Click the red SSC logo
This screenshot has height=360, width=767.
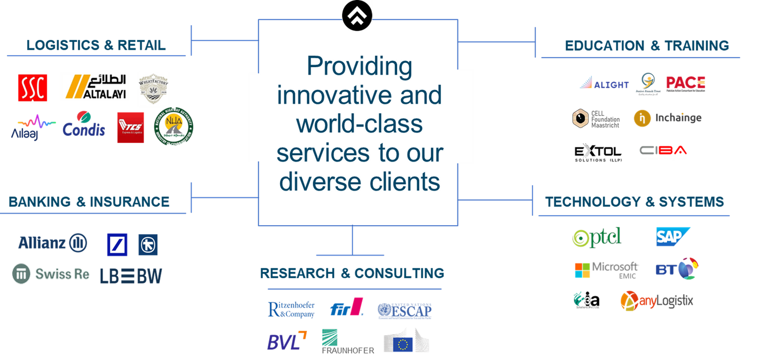(x=32, y=88)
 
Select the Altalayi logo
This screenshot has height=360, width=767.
(x=94, y=87)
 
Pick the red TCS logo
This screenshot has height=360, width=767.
(x=131, y=127)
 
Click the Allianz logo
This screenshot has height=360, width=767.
(x=52, y=242)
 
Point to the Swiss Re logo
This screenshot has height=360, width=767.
(x=51, y=274)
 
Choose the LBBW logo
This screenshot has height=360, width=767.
(x=131, y=276)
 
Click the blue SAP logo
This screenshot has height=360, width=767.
(x=673, y=237)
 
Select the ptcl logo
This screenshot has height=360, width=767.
(x=596, y=238)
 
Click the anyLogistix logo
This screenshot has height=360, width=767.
(x=656, y=301)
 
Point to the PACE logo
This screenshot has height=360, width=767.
(x=685, y=83)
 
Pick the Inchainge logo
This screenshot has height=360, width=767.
(x=667, y=118)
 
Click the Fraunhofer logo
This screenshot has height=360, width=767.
(x=347, y=342)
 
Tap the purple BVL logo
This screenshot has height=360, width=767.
(x=286, y=341)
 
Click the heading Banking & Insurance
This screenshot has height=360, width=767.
(x=89, y=202)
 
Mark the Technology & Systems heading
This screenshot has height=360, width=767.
(x=634, y=202)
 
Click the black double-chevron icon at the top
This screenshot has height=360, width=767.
(x=357, y=14)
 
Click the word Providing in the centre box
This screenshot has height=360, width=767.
(x=359, y=67)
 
